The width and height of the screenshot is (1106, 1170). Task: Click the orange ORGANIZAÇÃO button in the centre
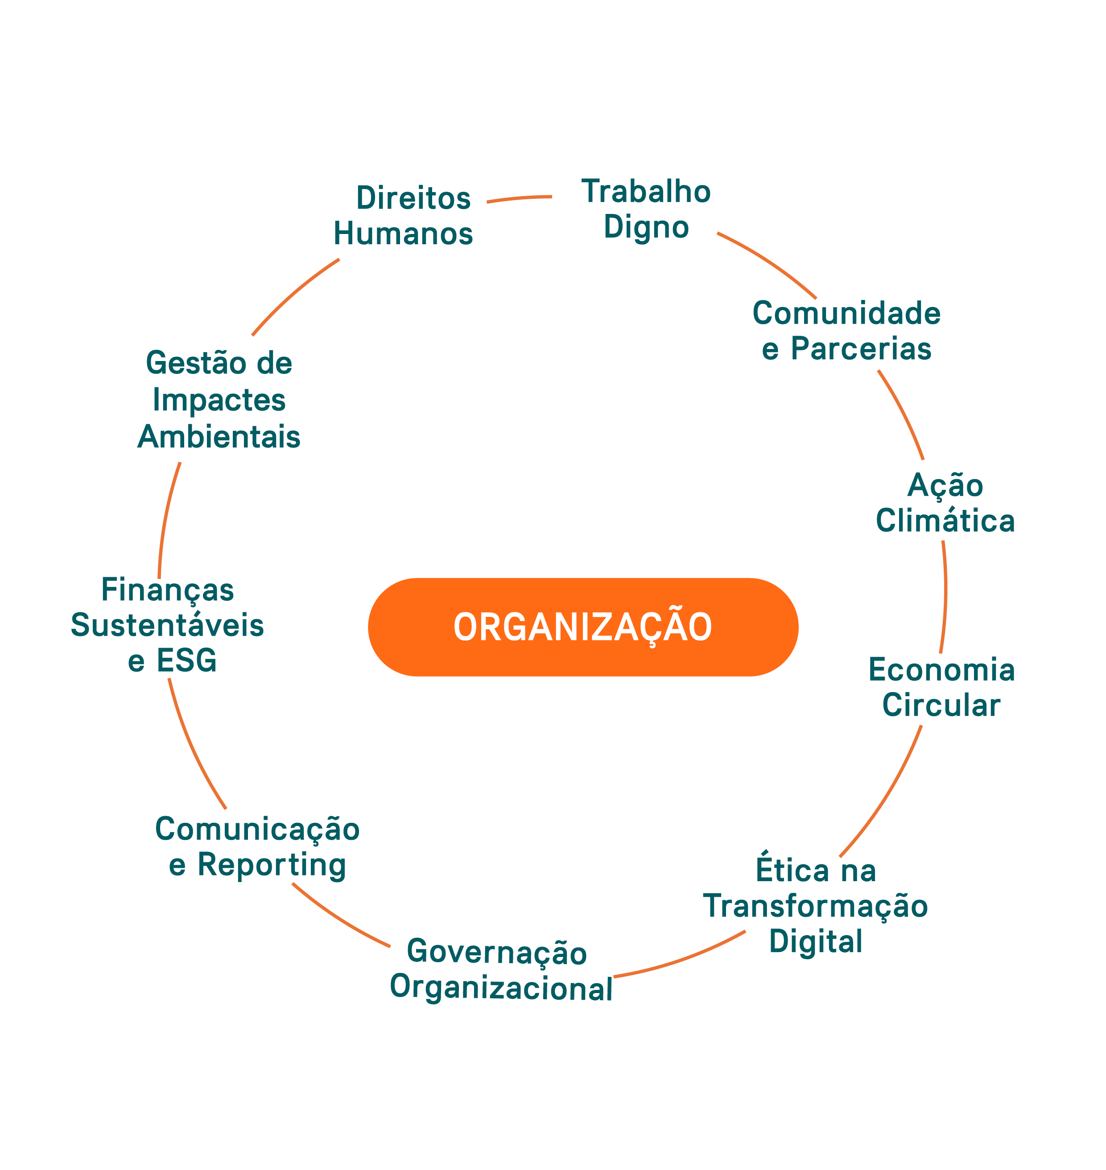pyautogui.click(x=582, y=627)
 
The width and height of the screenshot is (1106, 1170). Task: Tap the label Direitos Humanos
pyautogui.click(x=403, y=216)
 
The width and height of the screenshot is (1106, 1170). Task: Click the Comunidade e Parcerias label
pyautogui.click(x=846, y=331)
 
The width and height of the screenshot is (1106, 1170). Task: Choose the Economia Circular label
pyautogui.click(x=941, y=687)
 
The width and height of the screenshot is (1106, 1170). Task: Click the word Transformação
pyautogui.click(x=815, y=906)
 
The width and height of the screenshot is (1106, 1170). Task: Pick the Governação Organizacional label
pyautogui.click(x=501, y=970)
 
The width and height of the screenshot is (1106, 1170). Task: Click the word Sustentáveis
pyautogui.click(x=167, y=625)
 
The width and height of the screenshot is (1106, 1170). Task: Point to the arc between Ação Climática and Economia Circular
pyautogui.click(x=945, y=597)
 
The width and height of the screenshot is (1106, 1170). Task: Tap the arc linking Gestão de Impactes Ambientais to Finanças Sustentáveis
pyautogui.click(x=166, y=519)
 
